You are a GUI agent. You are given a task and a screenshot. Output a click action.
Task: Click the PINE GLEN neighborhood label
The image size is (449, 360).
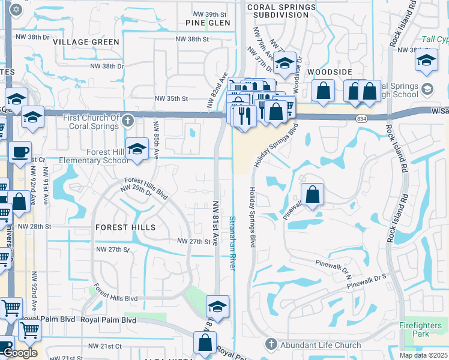208,23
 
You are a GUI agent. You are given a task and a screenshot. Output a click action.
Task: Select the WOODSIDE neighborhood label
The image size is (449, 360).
329,72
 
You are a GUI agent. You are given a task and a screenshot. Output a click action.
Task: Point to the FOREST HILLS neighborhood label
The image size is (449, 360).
125,227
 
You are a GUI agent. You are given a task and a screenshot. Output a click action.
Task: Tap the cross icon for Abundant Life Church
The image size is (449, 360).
270,345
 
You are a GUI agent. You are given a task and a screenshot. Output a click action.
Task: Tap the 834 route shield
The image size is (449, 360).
359,120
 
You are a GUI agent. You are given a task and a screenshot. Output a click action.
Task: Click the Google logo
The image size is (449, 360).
20,353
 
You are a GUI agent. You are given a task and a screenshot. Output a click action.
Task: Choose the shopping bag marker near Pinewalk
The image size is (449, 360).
312,194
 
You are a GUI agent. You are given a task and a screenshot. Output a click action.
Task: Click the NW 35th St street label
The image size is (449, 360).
171,98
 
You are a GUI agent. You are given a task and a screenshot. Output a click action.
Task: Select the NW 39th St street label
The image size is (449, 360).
209,14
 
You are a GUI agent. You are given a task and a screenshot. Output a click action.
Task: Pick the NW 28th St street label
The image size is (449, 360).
35,227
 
